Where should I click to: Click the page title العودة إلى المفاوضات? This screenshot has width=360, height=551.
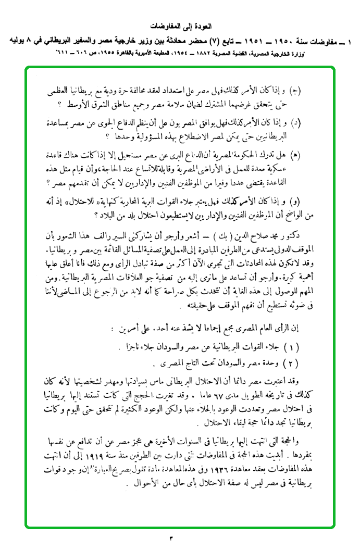point(180,26)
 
